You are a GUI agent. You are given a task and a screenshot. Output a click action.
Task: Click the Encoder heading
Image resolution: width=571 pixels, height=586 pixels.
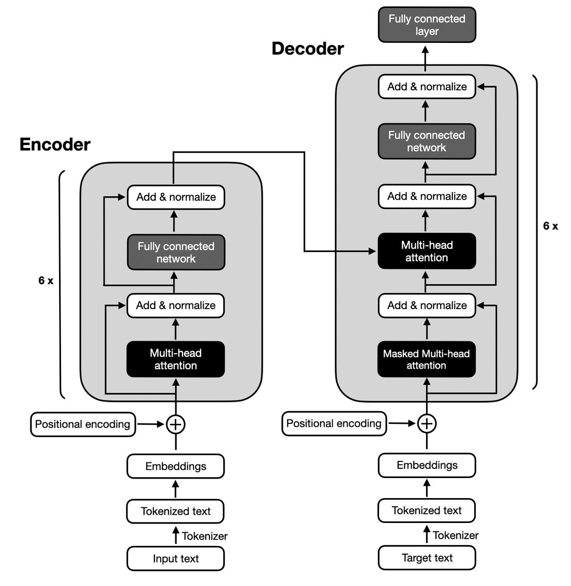pyautogui.click(x=55, y=145)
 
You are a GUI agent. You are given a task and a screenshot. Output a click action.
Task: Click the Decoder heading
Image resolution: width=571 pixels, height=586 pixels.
pyautogui.click(x=307, y=49)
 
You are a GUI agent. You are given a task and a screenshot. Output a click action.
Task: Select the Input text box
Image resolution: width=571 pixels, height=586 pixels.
pyautogui.click(x=175, y=559)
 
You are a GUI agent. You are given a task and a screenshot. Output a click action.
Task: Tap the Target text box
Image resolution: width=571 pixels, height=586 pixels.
pyautogui.click(x=426, y=558)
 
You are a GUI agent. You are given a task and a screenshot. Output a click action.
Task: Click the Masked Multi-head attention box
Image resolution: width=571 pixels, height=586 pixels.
pyautogui.click(x=426, y=359)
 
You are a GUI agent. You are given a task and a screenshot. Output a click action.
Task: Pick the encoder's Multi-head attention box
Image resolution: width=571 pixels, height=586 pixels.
pyautogui.click(x=175, y=359)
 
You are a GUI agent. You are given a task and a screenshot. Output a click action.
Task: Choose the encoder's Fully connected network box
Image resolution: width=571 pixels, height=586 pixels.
pyautogui.click(x=176, y=252)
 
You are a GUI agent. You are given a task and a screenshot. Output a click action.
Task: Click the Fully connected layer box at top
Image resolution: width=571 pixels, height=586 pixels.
pyautogui.click(x=426, y=25)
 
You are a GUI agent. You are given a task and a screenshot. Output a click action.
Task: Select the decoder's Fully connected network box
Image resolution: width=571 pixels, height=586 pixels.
pyautogui.click(x=426, y=142)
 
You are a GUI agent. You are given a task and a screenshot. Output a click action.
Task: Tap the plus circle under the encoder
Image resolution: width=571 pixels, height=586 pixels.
pyautogui.click(x=175, y=424)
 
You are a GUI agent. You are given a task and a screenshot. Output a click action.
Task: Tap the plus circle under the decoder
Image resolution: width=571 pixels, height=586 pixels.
pyautogui.click(x=426, y=423)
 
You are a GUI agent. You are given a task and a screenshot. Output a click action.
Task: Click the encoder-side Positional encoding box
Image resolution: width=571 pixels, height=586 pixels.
pyautogui.click(x=83, y=424)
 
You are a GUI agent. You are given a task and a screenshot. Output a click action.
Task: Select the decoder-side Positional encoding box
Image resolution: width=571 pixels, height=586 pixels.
pyautogui.click(x=334, y=423)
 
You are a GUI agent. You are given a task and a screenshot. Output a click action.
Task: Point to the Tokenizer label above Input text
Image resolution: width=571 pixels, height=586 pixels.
pyautogui.click(x=205, y=536)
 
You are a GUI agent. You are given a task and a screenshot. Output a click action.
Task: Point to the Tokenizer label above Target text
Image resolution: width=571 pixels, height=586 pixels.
pyautogui.click(x=455, y=536)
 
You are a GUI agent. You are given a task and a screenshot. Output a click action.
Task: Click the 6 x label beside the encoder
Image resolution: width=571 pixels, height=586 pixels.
pyautogui.click(x=46, y=281)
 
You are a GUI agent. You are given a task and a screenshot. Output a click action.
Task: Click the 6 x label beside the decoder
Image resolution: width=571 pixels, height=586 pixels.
pyautogui.click(x=550, y=226)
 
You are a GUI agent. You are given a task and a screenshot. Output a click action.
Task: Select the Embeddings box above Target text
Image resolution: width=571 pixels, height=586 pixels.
pyautogui.click(x=426, y=465)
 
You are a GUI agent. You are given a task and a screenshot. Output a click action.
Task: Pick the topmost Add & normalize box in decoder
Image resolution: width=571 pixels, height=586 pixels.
pyautogui.click(x=426, y=87)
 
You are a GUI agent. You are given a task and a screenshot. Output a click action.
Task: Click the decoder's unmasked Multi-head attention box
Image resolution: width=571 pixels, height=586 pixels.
pyautogui.click(x=426, y=251)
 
